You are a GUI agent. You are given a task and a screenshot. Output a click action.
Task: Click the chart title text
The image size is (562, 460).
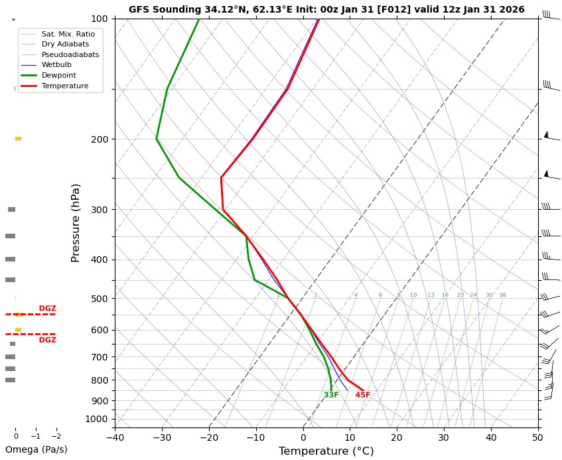click(326, 10)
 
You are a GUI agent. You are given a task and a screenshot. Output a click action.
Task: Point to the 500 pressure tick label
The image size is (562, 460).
click(100, 299)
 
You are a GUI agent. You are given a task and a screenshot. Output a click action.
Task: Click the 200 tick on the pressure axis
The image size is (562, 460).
click(100, 139)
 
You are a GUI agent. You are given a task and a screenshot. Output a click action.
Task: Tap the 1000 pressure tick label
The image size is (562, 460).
click(97, 419)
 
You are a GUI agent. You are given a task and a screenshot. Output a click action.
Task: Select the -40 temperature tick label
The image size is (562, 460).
click(115, 437)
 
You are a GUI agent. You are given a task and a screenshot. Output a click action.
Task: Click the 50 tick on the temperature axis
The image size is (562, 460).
click(538, 437)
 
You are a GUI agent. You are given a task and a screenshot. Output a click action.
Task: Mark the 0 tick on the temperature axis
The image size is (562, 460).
click(303, 437)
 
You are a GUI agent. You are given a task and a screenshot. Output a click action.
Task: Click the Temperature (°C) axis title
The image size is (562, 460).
click(326, 451)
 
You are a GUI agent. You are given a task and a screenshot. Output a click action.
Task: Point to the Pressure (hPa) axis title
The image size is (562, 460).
click(76, 222)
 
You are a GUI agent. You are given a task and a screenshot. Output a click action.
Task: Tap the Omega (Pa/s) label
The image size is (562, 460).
click(36, 449)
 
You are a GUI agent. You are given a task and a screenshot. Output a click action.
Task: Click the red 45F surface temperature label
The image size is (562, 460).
click(362, 396)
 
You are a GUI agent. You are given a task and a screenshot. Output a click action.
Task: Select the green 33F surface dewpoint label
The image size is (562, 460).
click(331, 396)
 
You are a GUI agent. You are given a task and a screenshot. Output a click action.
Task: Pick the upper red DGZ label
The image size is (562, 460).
click(48, 309)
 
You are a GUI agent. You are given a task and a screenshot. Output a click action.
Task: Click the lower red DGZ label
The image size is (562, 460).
click(48, 340)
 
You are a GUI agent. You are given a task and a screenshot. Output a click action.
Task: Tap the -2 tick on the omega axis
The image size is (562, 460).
click(56, 436)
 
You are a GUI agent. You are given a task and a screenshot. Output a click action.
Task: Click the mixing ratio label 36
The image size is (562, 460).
click(502, 295)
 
